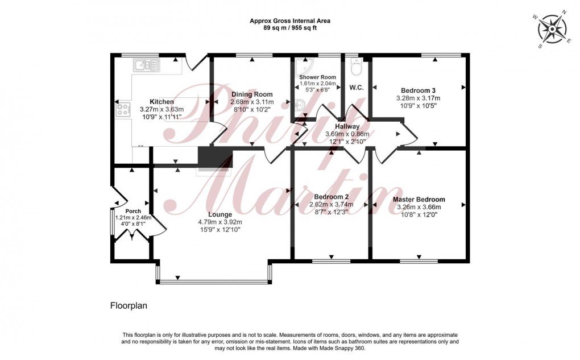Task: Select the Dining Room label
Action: pyautogui.click(x=251, y=94)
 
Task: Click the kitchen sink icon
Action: pyautogui.click(x=146, y=65)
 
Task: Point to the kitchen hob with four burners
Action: pyautogui.click(x=122, y=109)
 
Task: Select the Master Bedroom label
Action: pyautogui.click(x=419, y=200)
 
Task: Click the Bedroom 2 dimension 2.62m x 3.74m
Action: pyautogui.click(x=331, y=205)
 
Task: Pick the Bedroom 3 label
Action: pyautogui.click(x=418, y=90)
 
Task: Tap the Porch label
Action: pyautogui.click(x=133, y=212)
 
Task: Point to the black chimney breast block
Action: pyautogui.click(x=215, y=158)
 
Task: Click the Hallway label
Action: pyautogui.click(x=347, y=126)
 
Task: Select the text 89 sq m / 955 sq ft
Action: pyautogui.click(x=290, y=28)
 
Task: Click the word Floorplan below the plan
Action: pyautogui.click(x=129, y=305)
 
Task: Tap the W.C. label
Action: pyautogui.click(x=357, y=88)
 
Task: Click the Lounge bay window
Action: pyautogui.click(x=214, y=281)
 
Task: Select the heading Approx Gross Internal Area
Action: pyautogui.click(x=290, y=21)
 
